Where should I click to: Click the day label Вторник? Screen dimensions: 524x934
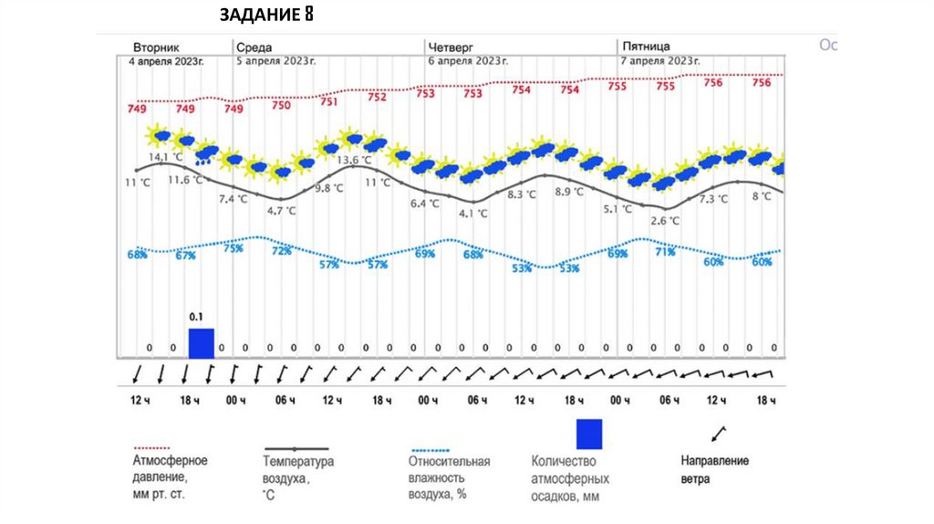(x=156, y=46)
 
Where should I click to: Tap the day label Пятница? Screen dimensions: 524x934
(x=646, y=46)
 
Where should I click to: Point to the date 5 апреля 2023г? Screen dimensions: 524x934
(x=276, y=60)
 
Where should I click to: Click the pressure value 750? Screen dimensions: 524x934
(x=281, y=106)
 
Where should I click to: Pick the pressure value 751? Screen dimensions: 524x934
(x=329, y=101)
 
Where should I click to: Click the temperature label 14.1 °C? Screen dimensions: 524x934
(x=165, y=157)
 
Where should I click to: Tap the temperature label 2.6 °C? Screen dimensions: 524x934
(x=665, y=220)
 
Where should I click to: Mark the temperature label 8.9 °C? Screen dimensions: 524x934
(x=568, y=192)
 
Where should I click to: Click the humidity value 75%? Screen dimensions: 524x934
(x=233, y=248)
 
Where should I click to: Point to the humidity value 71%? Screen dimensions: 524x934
(x=665, y=251)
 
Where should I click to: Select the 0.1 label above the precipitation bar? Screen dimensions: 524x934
(x=196, y=317)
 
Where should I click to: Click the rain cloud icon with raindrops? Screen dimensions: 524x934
(x=207, y=153)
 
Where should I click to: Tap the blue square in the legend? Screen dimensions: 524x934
(x=589, y=433)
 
